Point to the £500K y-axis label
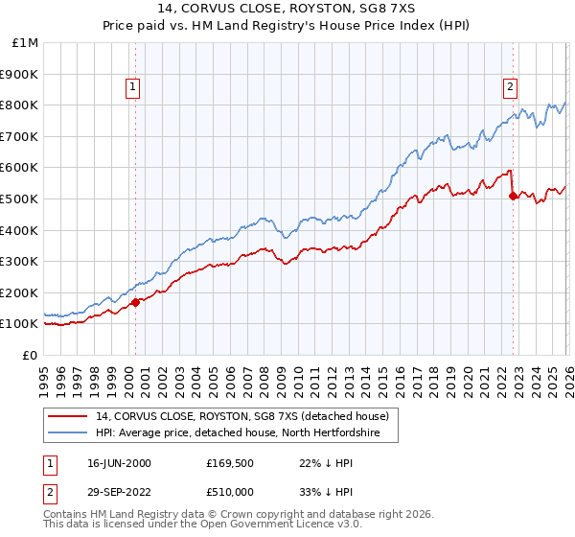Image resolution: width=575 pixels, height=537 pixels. pyautogui.click(x=19, y=198)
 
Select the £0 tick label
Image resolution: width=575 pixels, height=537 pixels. pyautogui.click(x=29, y=355)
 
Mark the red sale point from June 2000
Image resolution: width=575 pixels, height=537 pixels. pyautogui.click(x=135, y=302)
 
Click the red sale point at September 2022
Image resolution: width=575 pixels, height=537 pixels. pyautogui.click(x=513, y=196)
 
